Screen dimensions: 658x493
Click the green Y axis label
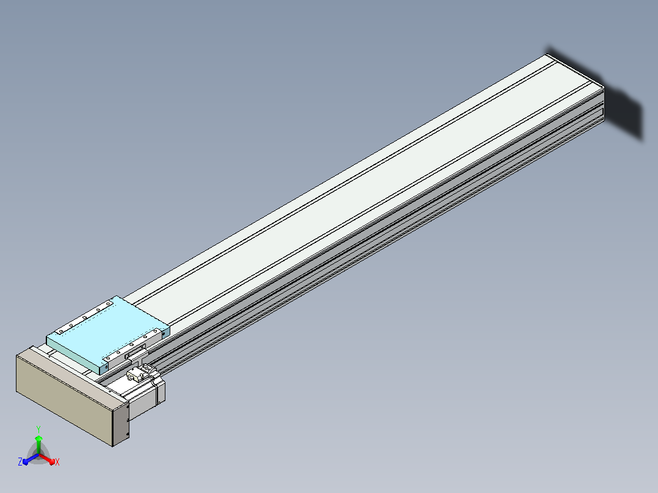pyautogui.click(x=38, y=429)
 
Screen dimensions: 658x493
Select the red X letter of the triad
pyautogui.click(x=57, y=462)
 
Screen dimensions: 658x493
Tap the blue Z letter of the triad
pyautogui.click(x=20, y=461)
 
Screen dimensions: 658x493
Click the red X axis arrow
pyautogui.click(x=46, y=459)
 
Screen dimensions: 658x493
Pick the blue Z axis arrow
pyautogui.click(x=31, y=459)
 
